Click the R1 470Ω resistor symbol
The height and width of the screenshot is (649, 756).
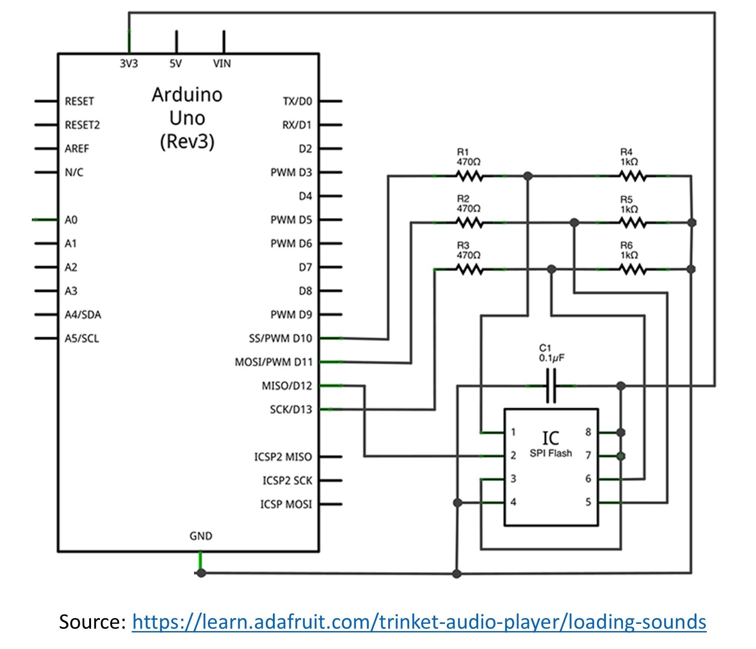point(469,176)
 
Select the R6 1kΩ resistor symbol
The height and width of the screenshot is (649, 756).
point(633,269)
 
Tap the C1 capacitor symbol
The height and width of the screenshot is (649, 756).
point(551,385)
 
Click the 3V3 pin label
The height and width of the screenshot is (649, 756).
point(129,64)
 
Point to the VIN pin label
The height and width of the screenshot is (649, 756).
point(222,64)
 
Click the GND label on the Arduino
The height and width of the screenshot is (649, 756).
point(201,536)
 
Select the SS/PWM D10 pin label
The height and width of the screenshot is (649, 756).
point(281,338)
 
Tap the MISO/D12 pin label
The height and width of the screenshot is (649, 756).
point(287,386)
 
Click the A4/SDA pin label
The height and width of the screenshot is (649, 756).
point(83,315)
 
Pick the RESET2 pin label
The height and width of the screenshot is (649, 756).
point(82,125)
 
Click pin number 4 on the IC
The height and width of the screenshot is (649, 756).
point(514,502)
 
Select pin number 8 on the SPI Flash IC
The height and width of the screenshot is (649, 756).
point(588,432)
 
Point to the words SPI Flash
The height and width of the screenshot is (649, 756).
point(551,453)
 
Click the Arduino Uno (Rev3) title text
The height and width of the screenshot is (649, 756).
point(187,118)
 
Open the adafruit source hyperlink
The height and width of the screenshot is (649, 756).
point(419,622)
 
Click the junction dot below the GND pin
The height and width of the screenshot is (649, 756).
point(201,573)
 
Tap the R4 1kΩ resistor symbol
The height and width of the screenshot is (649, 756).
point(633,176)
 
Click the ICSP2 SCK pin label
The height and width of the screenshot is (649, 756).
point(287,480)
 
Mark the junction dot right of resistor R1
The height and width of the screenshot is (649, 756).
point(528,176)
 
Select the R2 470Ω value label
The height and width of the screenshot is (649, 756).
point(469,208)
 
